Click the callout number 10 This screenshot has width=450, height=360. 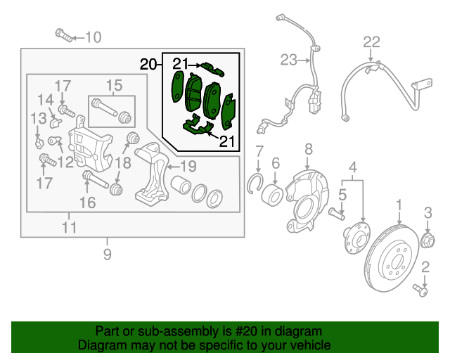(94, 37)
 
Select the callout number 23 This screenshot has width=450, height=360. (289, 60)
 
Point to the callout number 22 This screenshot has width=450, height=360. (371, 41)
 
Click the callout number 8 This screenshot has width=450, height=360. (308, 149)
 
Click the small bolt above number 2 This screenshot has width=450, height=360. (420, 288)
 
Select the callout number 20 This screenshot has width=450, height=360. (148, 65)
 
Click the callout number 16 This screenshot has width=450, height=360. (87, 203)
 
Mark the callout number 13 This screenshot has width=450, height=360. (37, 117)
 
